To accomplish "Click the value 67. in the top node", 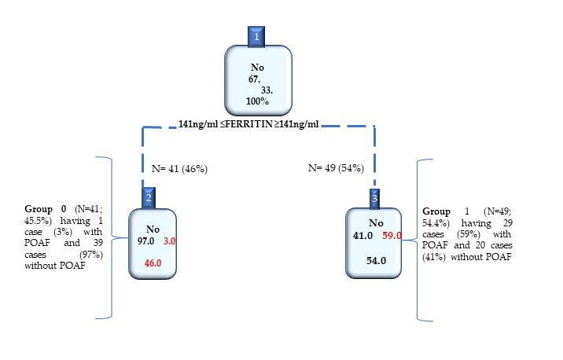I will (257, 79).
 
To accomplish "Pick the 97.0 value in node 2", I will (147, 242).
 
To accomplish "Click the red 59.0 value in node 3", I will (392, 234).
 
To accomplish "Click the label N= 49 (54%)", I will (337, 167).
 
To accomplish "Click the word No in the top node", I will (257, 68).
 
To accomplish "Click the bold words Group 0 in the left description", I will (50, 208).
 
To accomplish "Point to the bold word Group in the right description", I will (436, 211).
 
